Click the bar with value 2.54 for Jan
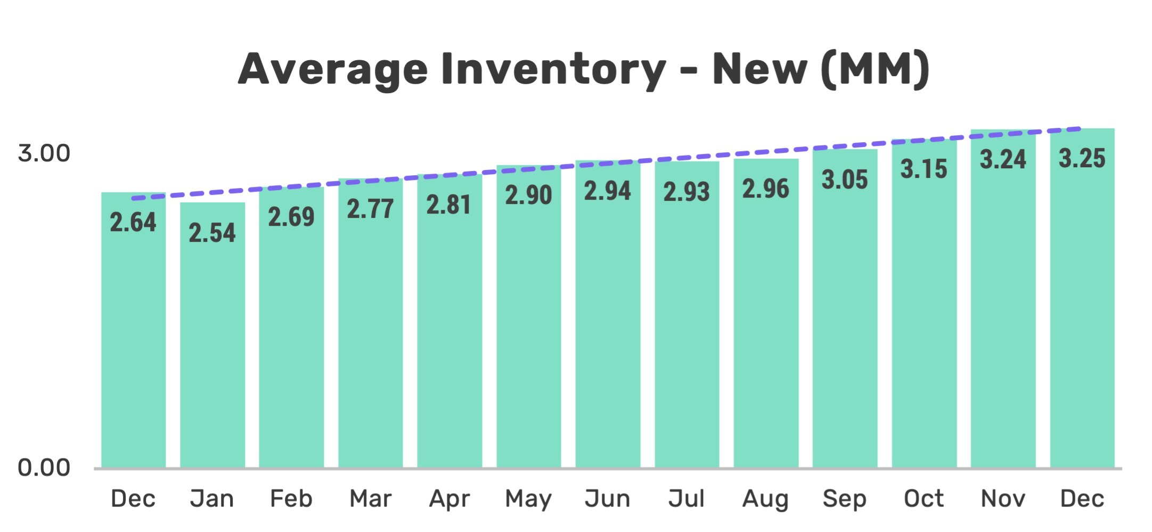coord(213,335)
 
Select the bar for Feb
coord(291,328)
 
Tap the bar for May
coord(528,317)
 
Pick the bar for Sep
coord(845,309)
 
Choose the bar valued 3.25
coord(1082,298)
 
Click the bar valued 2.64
coord(133,330)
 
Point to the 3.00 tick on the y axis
coord(44,154)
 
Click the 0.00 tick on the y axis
coord(44,468)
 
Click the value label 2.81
coord(449,205)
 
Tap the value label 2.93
coord(687,192)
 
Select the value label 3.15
coord(924,169)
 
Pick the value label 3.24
coord(1003,159)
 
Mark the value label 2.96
coord(765,189)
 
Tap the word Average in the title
coord(333,70)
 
